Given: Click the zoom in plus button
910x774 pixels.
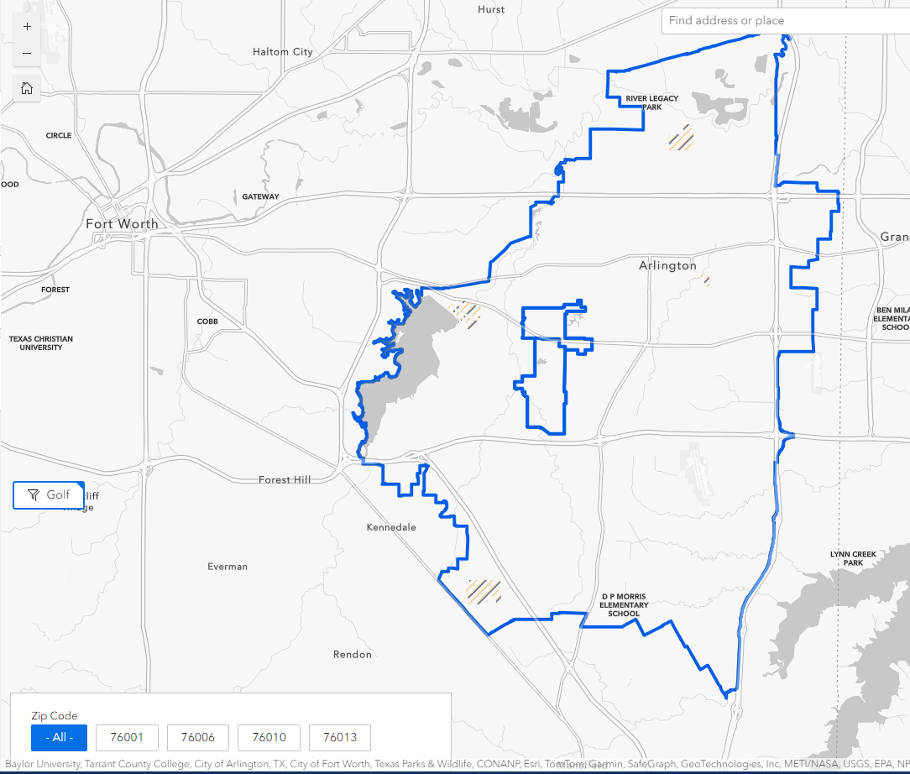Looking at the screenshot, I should coord(27,26).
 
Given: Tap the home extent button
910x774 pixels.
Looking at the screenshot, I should coord(27,88).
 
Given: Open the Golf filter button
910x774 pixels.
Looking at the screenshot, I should coord(49,495).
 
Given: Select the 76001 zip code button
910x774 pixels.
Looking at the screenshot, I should coord(128,738).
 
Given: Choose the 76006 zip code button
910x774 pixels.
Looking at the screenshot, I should coord(198,738).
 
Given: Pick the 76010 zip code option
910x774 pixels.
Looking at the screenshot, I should coord(269,738).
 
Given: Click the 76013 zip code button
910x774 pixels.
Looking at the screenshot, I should coord(339,738).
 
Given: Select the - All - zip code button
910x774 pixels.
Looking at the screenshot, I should coord(59,738).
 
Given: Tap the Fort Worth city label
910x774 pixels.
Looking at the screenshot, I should coord(122,224).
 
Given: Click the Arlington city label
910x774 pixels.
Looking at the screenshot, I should coord(667,265).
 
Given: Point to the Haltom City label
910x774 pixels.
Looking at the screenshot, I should coord(282,52).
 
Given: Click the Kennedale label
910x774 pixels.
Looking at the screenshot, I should coord(391,527).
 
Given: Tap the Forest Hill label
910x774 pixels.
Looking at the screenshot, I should coord(285,479).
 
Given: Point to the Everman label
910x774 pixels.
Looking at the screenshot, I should coord(227,567).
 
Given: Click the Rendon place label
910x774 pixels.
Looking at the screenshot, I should coord(353,654).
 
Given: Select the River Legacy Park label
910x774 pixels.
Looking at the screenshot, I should coord(651,102).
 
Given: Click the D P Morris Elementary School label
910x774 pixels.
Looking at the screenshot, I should coord(624,605).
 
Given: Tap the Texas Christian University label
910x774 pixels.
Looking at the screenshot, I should coord(41,343).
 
